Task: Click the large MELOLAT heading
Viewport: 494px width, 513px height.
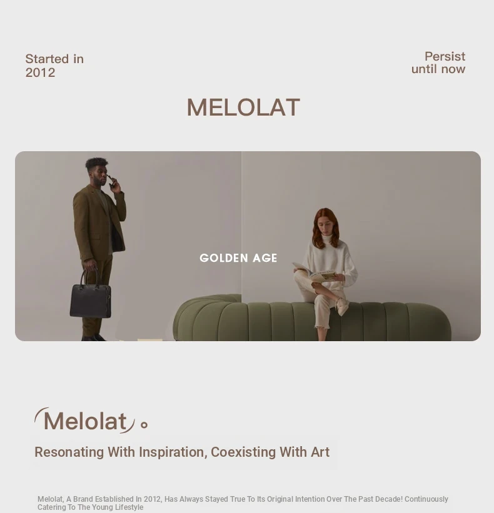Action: click(x=243, y=107)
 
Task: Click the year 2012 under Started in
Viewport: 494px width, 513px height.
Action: click(x=40, y=72)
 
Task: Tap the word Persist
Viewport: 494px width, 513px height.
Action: click(x=445, y=56)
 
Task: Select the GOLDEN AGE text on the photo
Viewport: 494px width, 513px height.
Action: click(x=238, y=258)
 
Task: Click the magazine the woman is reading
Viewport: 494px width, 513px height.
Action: click(x=315, y=272)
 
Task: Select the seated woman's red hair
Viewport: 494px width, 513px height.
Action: click(x=325, y=228)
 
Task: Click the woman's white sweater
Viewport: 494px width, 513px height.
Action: click(x=330, y=262)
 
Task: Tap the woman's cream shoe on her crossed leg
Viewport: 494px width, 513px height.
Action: click(x=341, y=307)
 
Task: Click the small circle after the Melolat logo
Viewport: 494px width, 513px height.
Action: click(x=144, y=425)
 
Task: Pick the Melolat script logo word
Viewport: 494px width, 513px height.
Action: click(x=85, y=421)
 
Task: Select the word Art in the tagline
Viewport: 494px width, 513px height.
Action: click(x=320, y=452)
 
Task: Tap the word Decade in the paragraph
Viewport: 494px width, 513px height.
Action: click(x=388, y=499)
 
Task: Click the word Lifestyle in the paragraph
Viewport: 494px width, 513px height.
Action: click(x=129, y=507)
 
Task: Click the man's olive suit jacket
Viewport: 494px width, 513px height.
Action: click(x=98, y=219)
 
